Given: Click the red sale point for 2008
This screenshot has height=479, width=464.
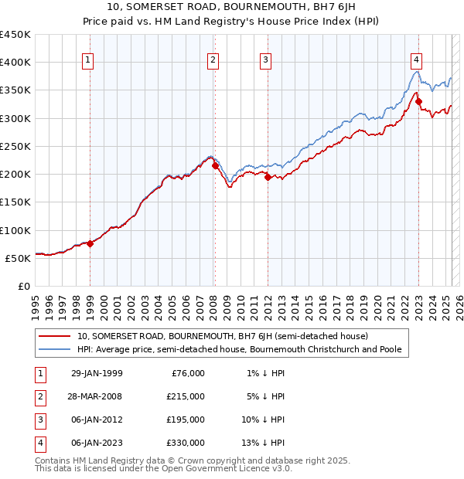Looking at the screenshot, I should [x=215, y=165].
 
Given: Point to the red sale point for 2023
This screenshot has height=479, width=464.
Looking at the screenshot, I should [x=418, y=100].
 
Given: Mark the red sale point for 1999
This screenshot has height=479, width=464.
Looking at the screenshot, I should [x=90, y=243].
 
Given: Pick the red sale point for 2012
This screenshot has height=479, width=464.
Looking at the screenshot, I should [x=268, y=177].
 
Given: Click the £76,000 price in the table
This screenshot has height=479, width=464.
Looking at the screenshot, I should [x=188, y=373].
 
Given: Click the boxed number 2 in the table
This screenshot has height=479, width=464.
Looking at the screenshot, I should [x=39, y=396].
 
